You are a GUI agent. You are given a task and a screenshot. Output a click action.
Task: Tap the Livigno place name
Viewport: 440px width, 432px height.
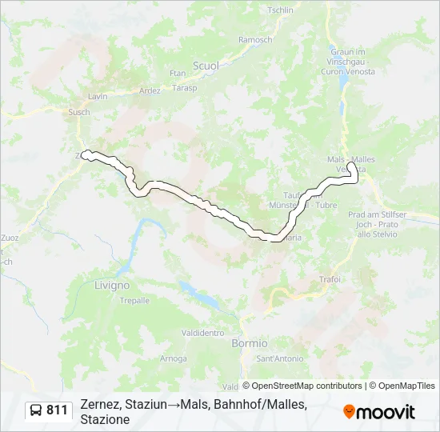coord(111,285)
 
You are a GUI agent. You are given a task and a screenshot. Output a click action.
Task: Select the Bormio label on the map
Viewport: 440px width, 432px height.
coord(250,342)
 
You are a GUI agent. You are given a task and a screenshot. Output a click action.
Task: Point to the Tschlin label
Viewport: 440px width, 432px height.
coord(280,10)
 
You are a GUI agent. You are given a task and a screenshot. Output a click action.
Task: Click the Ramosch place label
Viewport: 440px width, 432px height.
coord(255,40)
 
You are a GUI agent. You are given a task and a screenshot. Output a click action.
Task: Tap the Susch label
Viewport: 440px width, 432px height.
coord(79,113)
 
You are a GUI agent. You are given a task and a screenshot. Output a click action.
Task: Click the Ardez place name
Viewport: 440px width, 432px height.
coord(150,90)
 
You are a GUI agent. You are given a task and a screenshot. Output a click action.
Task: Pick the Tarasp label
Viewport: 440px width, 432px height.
coord(184,87)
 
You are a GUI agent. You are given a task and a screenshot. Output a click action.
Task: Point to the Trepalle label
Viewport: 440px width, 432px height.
coord(134,301)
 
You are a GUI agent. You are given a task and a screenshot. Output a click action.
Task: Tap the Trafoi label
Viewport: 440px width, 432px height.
coord(330,279)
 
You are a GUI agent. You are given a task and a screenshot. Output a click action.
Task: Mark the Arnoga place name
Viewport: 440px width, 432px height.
coord(174,358)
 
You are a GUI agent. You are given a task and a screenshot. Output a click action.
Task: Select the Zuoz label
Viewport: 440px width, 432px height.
coord(10,238)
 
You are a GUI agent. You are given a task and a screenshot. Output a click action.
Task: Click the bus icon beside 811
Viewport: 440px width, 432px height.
coord(37,410)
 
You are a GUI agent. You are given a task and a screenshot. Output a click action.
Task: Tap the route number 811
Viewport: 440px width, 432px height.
coord(58,410)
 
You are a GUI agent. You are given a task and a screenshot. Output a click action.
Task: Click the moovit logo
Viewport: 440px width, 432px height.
coord(379,412)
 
